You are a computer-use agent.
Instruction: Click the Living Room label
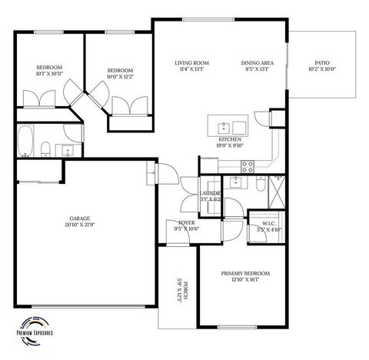191,64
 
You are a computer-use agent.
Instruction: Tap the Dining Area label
255,64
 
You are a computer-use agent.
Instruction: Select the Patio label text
322,64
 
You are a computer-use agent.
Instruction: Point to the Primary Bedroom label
245,273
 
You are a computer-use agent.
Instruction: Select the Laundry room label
210,193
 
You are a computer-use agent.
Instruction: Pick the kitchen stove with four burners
248,164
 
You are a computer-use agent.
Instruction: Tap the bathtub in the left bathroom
24,141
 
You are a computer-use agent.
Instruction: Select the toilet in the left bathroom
45,148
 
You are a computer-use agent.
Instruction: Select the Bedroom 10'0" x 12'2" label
120,73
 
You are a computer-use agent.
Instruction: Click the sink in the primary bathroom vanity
238,183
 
